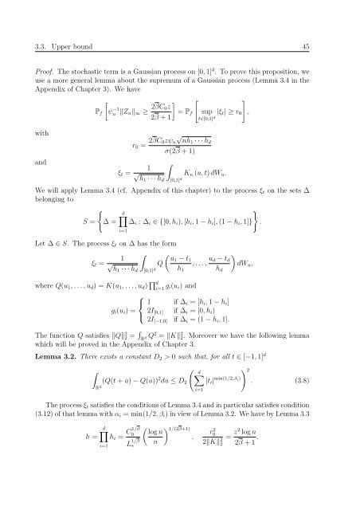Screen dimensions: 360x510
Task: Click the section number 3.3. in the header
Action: click(x=33, y=27)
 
